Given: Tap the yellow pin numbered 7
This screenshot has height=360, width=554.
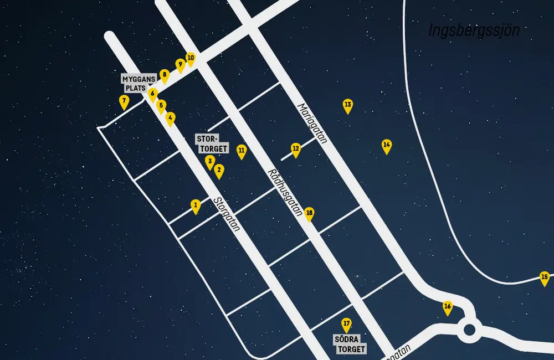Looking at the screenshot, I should (124, 101).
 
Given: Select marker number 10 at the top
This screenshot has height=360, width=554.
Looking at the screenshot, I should (191, 58).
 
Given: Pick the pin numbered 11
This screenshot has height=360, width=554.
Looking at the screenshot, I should (242, 151).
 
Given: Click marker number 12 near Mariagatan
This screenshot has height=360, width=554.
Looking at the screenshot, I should (296, 150).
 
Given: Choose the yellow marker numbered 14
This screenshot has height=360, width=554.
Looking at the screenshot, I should (387, 146).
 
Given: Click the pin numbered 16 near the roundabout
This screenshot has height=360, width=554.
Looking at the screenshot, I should (448, 307).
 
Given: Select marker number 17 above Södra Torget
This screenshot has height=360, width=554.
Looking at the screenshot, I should (346, 325).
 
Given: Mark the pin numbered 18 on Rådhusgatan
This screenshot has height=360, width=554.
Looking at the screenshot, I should (309, 214).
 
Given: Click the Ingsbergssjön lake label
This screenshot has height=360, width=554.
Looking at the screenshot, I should (474, 30).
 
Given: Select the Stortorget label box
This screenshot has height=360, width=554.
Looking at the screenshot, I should (212, 143).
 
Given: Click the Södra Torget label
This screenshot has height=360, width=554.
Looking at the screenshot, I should (351, 344).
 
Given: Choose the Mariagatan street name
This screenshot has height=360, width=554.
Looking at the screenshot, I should (312, 123).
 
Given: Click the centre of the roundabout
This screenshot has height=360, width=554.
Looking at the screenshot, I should (470, 331).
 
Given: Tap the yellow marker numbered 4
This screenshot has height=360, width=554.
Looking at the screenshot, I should (171, 119).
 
